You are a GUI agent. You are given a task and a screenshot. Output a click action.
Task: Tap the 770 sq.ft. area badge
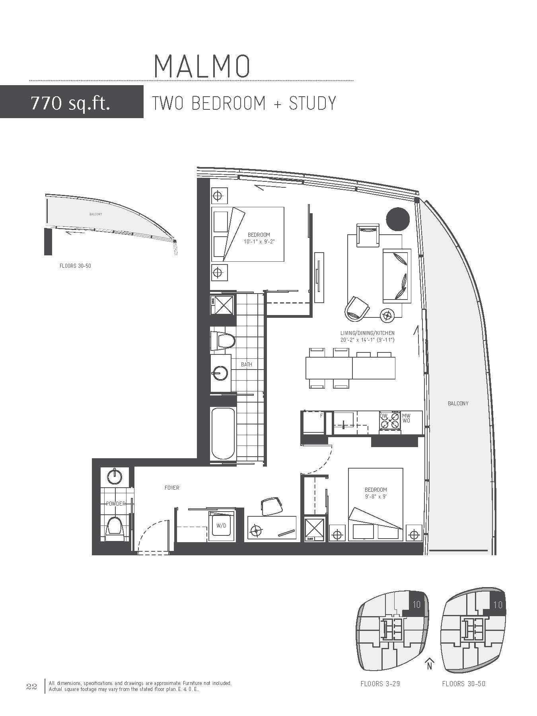[x=72, y=101]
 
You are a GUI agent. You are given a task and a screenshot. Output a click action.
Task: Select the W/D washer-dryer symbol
[x=222, y=525]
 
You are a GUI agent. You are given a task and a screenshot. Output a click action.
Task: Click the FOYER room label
[x=172, y=488]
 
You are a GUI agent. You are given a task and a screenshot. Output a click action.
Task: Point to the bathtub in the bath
[x=223, y=434]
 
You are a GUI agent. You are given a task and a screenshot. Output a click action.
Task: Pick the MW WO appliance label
[x=406, y=418]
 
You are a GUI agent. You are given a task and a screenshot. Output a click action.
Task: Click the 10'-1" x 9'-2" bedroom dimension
[x=259, y=241]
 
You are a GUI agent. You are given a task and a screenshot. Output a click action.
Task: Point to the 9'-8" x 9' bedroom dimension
[x=376, y=496]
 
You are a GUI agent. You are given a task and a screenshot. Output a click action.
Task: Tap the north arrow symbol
[x=429, y=664]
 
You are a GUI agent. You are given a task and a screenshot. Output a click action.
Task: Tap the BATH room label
[x=247, y=364]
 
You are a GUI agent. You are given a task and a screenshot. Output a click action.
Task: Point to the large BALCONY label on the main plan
[x=458, y=403]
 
